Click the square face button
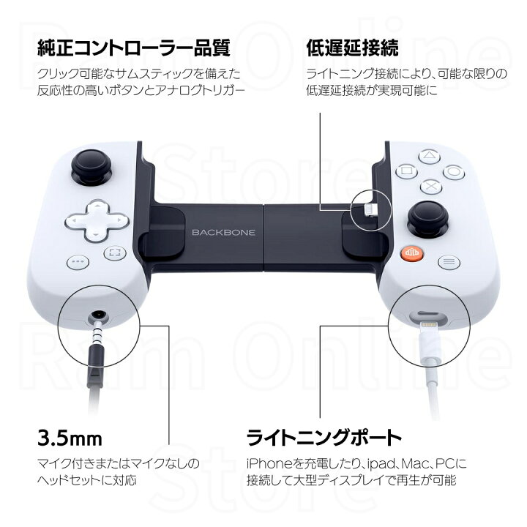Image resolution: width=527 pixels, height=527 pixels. [x=405, y=173]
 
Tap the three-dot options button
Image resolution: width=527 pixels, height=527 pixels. [x=77, y=262]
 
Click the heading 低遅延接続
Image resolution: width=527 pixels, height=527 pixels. [x=352, y=48]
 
